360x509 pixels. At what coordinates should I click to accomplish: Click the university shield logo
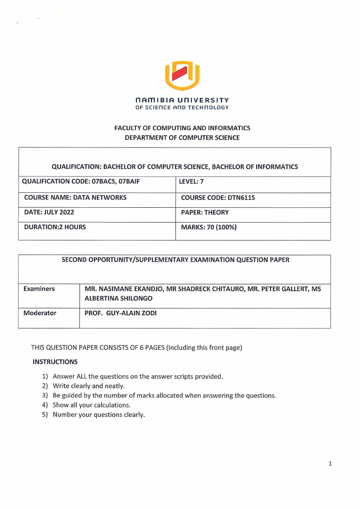182,75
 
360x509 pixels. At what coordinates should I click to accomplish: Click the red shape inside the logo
182,73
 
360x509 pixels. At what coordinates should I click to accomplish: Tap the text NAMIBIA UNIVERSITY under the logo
182,100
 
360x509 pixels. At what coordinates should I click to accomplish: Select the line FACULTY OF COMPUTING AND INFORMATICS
182,128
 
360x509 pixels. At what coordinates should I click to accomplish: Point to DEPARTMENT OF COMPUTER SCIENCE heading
182,137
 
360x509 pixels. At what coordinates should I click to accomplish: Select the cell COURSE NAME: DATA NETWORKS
75,198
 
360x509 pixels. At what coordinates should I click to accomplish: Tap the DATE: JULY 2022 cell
49,212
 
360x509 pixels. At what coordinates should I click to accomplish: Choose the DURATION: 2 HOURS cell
55,227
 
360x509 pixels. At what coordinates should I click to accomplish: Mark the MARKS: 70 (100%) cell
209,227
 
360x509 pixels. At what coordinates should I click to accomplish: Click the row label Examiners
39,289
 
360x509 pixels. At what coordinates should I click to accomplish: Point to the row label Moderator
40,313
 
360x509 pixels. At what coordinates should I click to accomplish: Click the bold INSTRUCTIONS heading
55,362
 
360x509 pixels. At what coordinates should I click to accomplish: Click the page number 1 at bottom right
330,464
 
